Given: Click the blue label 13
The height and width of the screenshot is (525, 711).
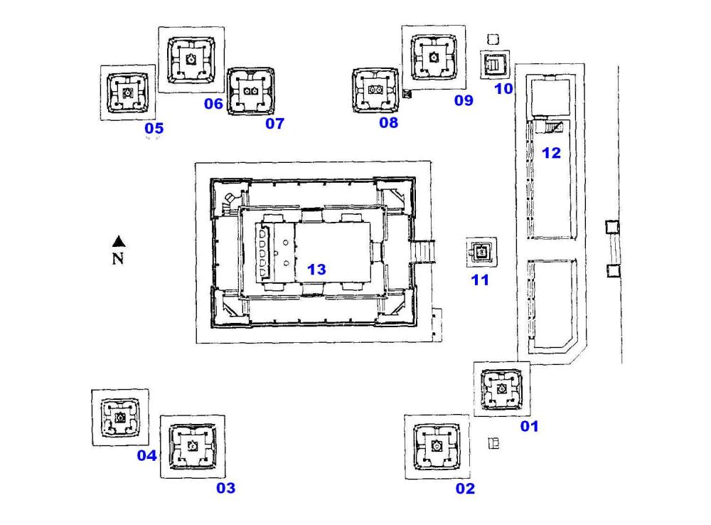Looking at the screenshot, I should [x=316, y=269].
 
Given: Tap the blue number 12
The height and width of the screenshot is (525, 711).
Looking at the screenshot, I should [x=551, y=152].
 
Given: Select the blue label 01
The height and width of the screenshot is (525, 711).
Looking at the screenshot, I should [x=530, y=426].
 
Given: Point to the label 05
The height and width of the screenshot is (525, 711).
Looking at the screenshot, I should [x=154, y=128].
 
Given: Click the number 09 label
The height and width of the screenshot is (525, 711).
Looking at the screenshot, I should [x=464, y=100].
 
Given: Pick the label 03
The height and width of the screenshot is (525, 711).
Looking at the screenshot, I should [x=225, y=488].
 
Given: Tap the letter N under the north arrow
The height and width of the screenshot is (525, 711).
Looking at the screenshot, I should [x=119, y=258].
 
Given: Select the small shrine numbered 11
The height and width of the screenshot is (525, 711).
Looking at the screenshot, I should [x=481, y=251].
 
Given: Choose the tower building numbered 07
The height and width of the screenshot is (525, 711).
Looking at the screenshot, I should [x=250, y=91].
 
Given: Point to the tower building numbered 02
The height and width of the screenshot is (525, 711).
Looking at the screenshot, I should [x=436, y=446].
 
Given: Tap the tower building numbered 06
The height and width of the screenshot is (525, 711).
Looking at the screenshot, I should [x=191, y=60].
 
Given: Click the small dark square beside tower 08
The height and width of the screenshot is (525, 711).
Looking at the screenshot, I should [x=407, y=94].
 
